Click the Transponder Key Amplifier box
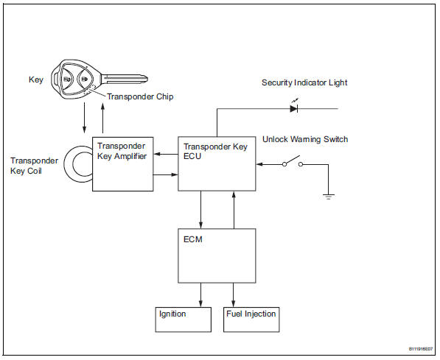tap(123, 163)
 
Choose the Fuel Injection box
tap(251, 318)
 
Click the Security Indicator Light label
tap(304, 82)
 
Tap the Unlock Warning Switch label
tap(305, 139)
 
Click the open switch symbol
tap(293, 164)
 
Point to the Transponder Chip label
tap(139, 96)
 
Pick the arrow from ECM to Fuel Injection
tap(234, 295)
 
